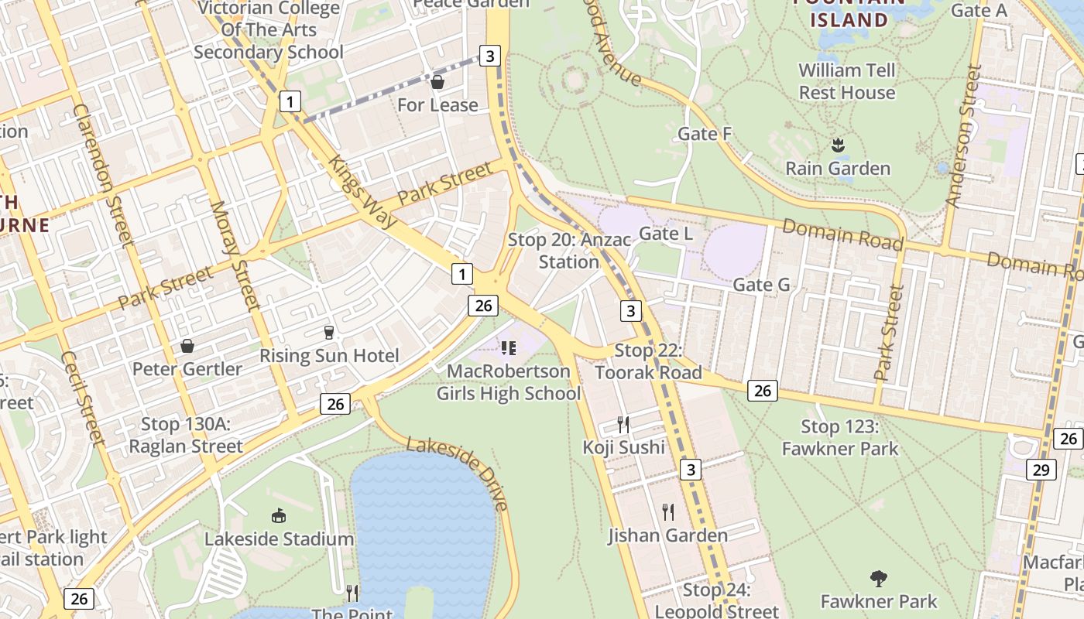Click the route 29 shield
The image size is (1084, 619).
point(1040,470)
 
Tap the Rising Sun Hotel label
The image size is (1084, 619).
point(329,356)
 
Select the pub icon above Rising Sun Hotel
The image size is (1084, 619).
point(329,333)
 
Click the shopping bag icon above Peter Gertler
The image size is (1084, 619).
point(187,346)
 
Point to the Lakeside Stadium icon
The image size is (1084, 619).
point(279,515)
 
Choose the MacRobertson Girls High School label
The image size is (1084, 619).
point(509,382)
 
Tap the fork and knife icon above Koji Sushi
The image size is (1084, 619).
point(623,424)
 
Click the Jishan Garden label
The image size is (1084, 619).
point(667,535)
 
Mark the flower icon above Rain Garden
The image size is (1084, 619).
point(837,145)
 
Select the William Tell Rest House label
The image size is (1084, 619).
point(846,81)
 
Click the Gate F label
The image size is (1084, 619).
point(705,134)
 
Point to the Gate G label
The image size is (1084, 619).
point(761,285)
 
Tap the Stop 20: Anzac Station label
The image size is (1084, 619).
point(569,251)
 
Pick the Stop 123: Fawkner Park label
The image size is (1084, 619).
point(840,437)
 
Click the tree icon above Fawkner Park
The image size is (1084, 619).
point(878,578)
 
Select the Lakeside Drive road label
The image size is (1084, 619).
point(458,473)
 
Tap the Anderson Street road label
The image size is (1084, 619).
point(964,136)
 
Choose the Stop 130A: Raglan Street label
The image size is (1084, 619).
point(186,435)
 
